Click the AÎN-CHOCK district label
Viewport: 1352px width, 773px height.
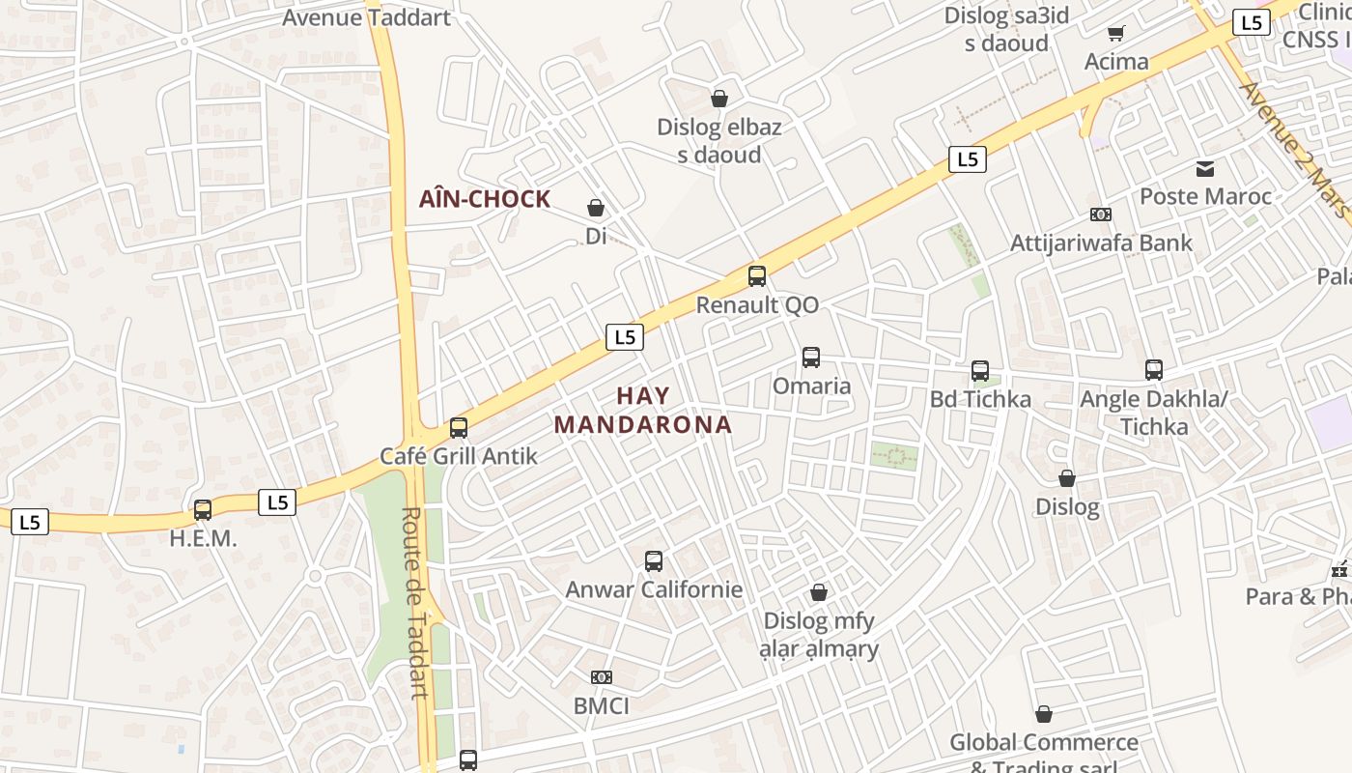coord(484,200)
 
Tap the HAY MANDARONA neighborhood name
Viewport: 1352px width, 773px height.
coord(643,410)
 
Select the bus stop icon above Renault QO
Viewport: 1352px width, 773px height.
coord(757,276)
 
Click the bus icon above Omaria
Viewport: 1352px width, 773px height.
coord(811,358)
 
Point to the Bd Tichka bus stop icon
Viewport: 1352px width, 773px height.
coord(980,371)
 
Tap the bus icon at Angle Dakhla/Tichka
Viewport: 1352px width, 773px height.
coord(1154,369)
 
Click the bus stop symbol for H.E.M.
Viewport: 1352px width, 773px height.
coord(203,510)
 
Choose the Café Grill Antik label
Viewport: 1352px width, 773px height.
coord(458,456)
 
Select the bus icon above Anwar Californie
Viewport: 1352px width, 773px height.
coord(654,561)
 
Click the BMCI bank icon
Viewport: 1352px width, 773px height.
coord(602,677)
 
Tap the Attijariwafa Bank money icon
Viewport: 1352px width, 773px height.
coord(1100,215)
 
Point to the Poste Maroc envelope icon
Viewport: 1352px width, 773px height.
coord(1205,169)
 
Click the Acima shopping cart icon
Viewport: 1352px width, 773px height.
coord(1116,34)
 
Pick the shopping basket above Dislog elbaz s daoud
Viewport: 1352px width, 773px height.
coord(719,99)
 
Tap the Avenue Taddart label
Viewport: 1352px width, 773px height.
coord(366,17)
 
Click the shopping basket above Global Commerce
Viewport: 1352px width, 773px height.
coord(1044,714)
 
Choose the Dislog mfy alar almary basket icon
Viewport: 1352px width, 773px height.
coord(819,592)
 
